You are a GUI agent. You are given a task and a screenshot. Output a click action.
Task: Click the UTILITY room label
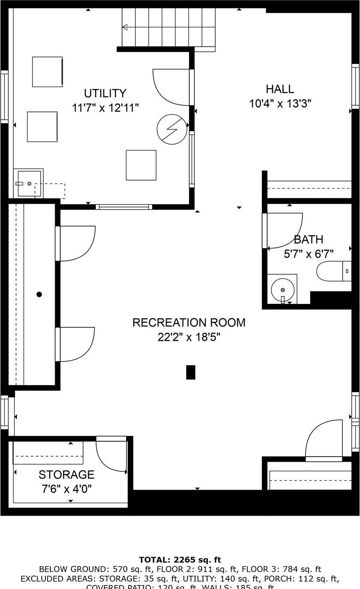click(x=105, y=93)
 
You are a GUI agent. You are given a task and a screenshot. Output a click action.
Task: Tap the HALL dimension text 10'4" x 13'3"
click(x=280, y=104)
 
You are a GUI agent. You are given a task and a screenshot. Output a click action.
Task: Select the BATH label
click(x=309, y=240)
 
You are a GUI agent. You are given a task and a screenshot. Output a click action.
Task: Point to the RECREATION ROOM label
click(x=189, y=323)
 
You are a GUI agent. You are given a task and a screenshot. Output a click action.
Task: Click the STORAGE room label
click(x=67, y=475)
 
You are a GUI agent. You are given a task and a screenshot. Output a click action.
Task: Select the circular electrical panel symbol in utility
click(x=172, y=129)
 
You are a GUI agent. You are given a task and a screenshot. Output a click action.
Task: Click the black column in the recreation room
click(x=191, y=372)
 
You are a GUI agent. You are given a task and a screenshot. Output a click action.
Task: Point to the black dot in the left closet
click(x=39, y=295)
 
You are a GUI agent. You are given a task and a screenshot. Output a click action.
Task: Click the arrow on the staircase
click(x=125, y=27)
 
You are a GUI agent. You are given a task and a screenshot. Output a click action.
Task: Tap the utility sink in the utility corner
click(x=28, y=183)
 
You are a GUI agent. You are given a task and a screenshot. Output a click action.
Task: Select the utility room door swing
click(x=170, y=87)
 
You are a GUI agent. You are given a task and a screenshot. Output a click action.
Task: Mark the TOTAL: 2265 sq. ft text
click(x=180, y=560)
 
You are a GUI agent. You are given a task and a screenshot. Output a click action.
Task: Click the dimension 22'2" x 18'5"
click(x=189, y=337)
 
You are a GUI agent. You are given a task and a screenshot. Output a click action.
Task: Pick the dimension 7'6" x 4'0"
click(x=67, y=489)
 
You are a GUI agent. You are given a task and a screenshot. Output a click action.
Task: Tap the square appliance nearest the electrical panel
click(x=141, y=165)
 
